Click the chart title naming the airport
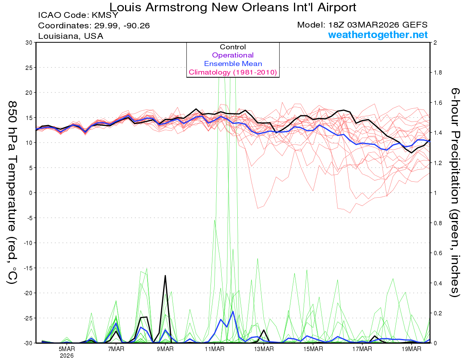pyautogui.click(x=233, y=7)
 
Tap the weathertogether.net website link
pyautogui.click(x=378, y=35)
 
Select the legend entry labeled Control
pyautogui.click(x=233, y=47)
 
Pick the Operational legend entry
pyautogui.click(x=233, y=55)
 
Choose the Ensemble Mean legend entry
pyautogui.click(x=233, y=64)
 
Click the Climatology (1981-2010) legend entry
pyautogui.click(x=233, y=72)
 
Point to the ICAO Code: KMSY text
pyautogui.click(x=78, y=16)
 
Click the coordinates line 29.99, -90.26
pyautogui.click(x=94, y=26)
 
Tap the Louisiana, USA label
pyautogui.click(x=70, y=36)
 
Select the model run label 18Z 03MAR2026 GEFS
pyautogui.click(x=362, y=25)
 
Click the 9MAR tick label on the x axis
pyautogui.click(x=165, y=349)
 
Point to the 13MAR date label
pyautogui.click(x=264, y=349)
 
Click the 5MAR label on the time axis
pyautogui.click(x=67, y=349)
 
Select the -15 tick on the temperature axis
pyautogui.click(x=28, y=268)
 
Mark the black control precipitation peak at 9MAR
pyautogui.click(x=165, y=275)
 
